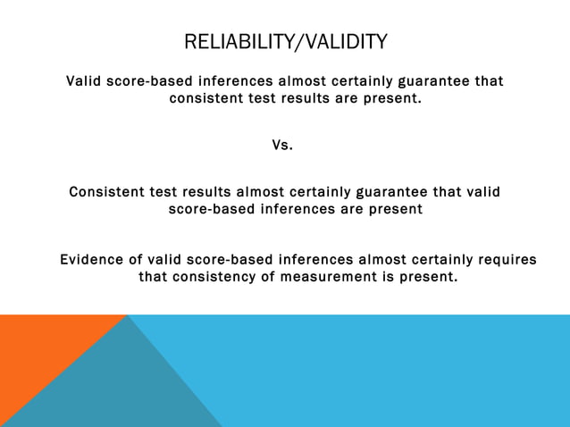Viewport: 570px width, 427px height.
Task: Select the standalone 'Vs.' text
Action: [282, 145]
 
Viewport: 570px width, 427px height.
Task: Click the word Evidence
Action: [93, 260]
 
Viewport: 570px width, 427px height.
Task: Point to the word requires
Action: [507, 260]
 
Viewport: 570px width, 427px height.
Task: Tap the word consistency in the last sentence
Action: [216, 277]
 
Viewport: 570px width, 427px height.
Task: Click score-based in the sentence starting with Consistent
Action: [212, 209]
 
